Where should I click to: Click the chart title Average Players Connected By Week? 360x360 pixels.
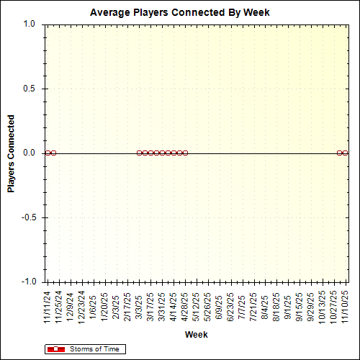pos(180,13)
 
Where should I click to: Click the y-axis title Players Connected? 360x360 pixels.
pos(12,153)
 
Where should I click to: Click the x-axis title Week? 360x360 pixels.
pos(196,335)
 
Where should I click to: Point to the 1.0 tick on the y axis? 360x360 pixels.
pos(29,24)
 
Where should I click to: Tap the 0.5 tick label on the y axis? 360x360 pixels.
pos(29,89)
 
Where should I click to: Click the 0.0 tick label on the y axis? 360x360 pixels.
pos(29,153)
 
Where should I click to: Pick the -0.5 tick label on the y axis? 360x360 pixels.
pos(27,217)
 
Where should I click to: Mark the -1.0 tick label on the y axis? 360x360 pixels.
pos(27,282)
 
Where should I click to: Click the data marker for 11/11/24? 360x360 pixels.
pos(48,153)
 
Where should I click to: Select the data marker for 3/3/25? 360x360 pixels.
pos(139,153)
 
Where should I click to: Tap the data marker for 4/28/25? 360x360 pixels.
pos(185,153)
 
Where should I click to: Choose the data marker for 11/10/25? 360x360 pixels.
pos(345,153)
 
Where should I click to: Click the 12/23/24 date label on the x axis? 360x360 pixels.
pos(82,306)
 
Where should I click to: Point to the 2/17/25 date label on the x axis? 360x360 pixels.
pos(128,306)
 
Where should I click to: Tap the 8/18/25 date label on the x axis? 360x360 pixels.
pos(277,306)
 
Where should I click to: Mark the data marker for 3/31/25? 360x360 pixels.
pos(162,153)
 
